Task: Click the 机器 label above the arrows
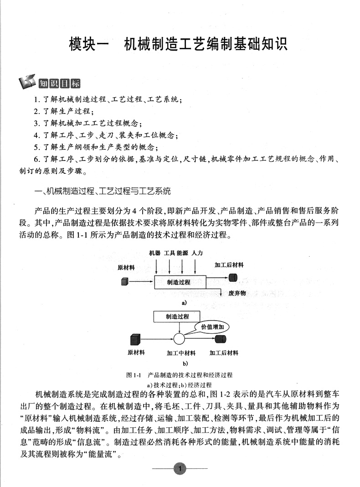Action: tap(155, 253)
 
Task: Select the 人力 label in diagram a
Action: tap(197, 253)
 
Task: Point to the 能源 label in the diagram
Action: tap(183, 253)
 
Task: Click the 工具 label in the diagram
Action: tap(169, 253)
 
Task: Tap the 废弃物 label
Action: tap(237, 293)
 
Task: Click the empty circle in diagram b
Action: tap(179, 339)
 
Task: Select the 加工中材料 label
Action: tap(181, 353)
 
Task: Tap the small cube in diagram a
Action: tap(124, 282)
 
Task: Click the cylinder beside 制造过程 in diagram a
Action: tap(233, 277)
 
